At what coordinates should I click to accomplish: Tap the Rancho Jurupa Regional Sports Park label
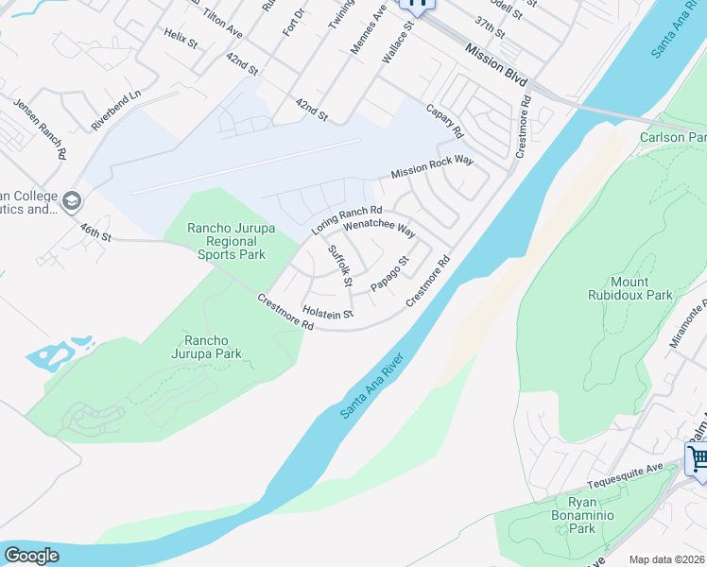click(226, 241)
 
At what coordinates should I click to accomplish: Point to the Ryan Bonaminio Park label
click(582, 515)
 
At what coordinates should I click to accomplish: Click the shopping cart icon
click(698, 459)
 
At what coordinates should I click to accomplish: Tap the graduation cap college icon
click(72, 200)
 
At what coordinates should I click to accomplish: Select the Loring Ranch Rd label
click(347, 221)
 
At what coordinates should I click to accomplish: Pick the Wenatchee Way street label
click(379, 228)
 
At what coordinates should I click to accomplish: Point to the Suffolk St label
click(339, 266)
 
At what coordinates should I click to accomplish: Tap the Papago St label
click(389, 273)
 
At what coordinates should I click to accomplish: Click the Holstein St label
click(327, 313)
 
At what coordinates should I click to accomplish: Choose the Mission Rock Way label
click(432, 168)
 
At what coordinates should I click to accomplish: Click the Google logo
click(31, 556)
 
